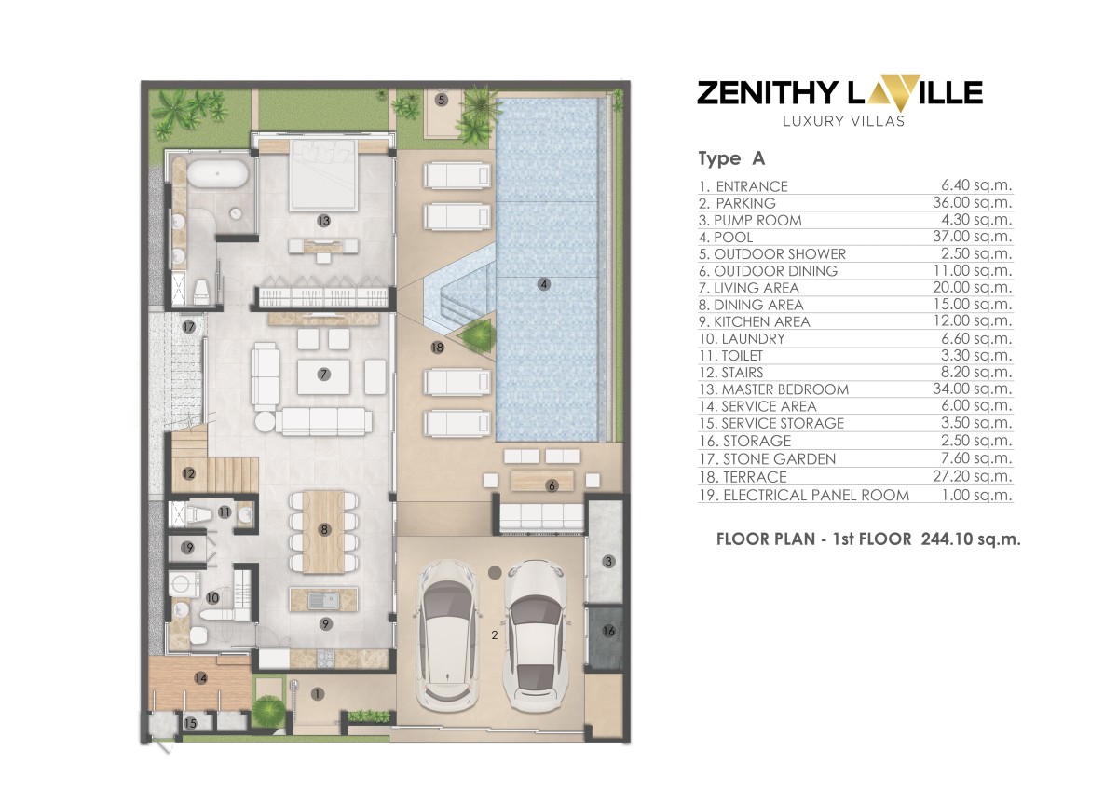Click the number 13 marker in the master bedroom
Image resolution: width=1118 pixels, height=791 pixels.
pyautogui.click(x=323, y=222)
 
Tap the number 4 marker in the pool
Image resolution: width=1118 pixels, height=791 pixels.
pyautogui.click(x=544, y=284)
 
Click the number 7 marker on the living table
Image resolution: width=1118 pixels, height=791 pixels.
pyautogui.click(x=323, y=375)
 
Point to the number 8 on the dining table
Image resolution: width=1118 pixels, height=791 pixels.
pyautogui.click(x=323, y=530)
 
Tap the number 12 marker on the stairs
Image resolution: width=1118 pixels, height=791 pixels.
pyautogui.click(x=189, y=473)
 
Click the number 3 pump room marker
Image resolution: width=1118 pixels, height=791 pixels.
pyautogui.click(x=608, y=561)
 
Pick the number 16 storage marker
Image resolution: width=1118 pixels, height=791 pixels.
pyautogui.click(x=608, y=632)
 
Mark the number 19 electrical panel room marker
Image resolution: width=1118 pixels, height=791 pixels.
pyautogui.click(x=187, y=548)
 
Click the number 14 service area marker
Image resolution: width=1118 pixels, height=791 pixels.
pyautogui.click(x=200, y=678)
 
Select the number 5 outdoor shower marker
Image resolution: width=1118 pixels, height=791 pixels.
pyautogui.click(x=441, y=99)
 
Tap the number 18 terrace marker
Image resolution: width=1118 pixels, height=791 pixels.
pyautogui.click(x=437, y=348)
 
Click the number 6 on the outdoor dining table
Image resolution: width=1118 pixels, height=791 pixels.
pyautogui.click(x=552, y=485)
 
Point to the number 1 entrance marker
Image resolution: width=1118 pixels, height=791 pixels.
pyautogui.click(x=317, y=694)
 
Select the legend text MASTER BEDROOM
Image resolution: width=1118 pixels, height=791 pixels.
pyautogui.click(x=772, y=389)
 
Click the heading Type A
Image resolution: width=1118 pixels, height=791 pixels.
pyautogui.click(x=731, y=158)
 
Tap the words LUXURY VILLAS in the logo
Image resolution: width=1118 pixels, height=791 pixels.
pyautogui.click(x=839, y=119)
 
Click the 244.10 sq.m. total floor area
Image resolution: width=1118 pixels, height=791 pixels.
pyautogui.click(x=971, y=539)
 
